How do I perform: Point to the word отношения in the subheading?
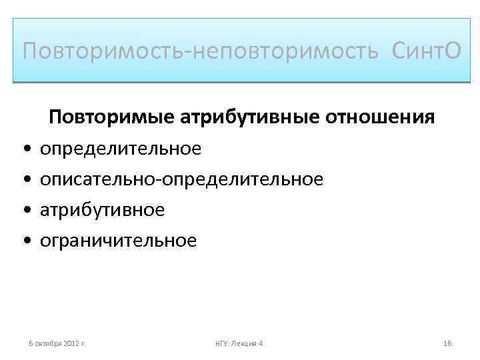[x=380, y=117]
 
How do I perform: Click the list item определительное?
[x=121, y=148]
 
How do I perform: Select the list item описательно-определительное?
[x=182, y=179]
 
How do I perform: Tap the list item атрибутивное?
[x=102, y=209]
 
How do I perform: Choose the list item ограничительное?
[x=119, y=240]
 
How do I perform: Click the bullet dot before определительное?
[x=25, y=149]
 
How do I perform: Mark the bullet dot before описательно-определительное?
[x=25, y=179]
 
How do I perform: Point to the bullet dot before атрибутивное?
[x=25, y=210]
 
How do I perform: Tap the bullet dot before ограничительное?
[x=25, y=241]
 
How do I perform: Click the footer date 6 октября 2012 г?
[x=56, y=343]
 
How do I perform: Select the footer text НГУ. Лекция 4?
[x=240, y=343]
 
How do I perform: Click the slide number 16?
[x=447, y=343]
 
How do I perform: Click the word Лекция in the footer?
[x=245, y=343]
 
